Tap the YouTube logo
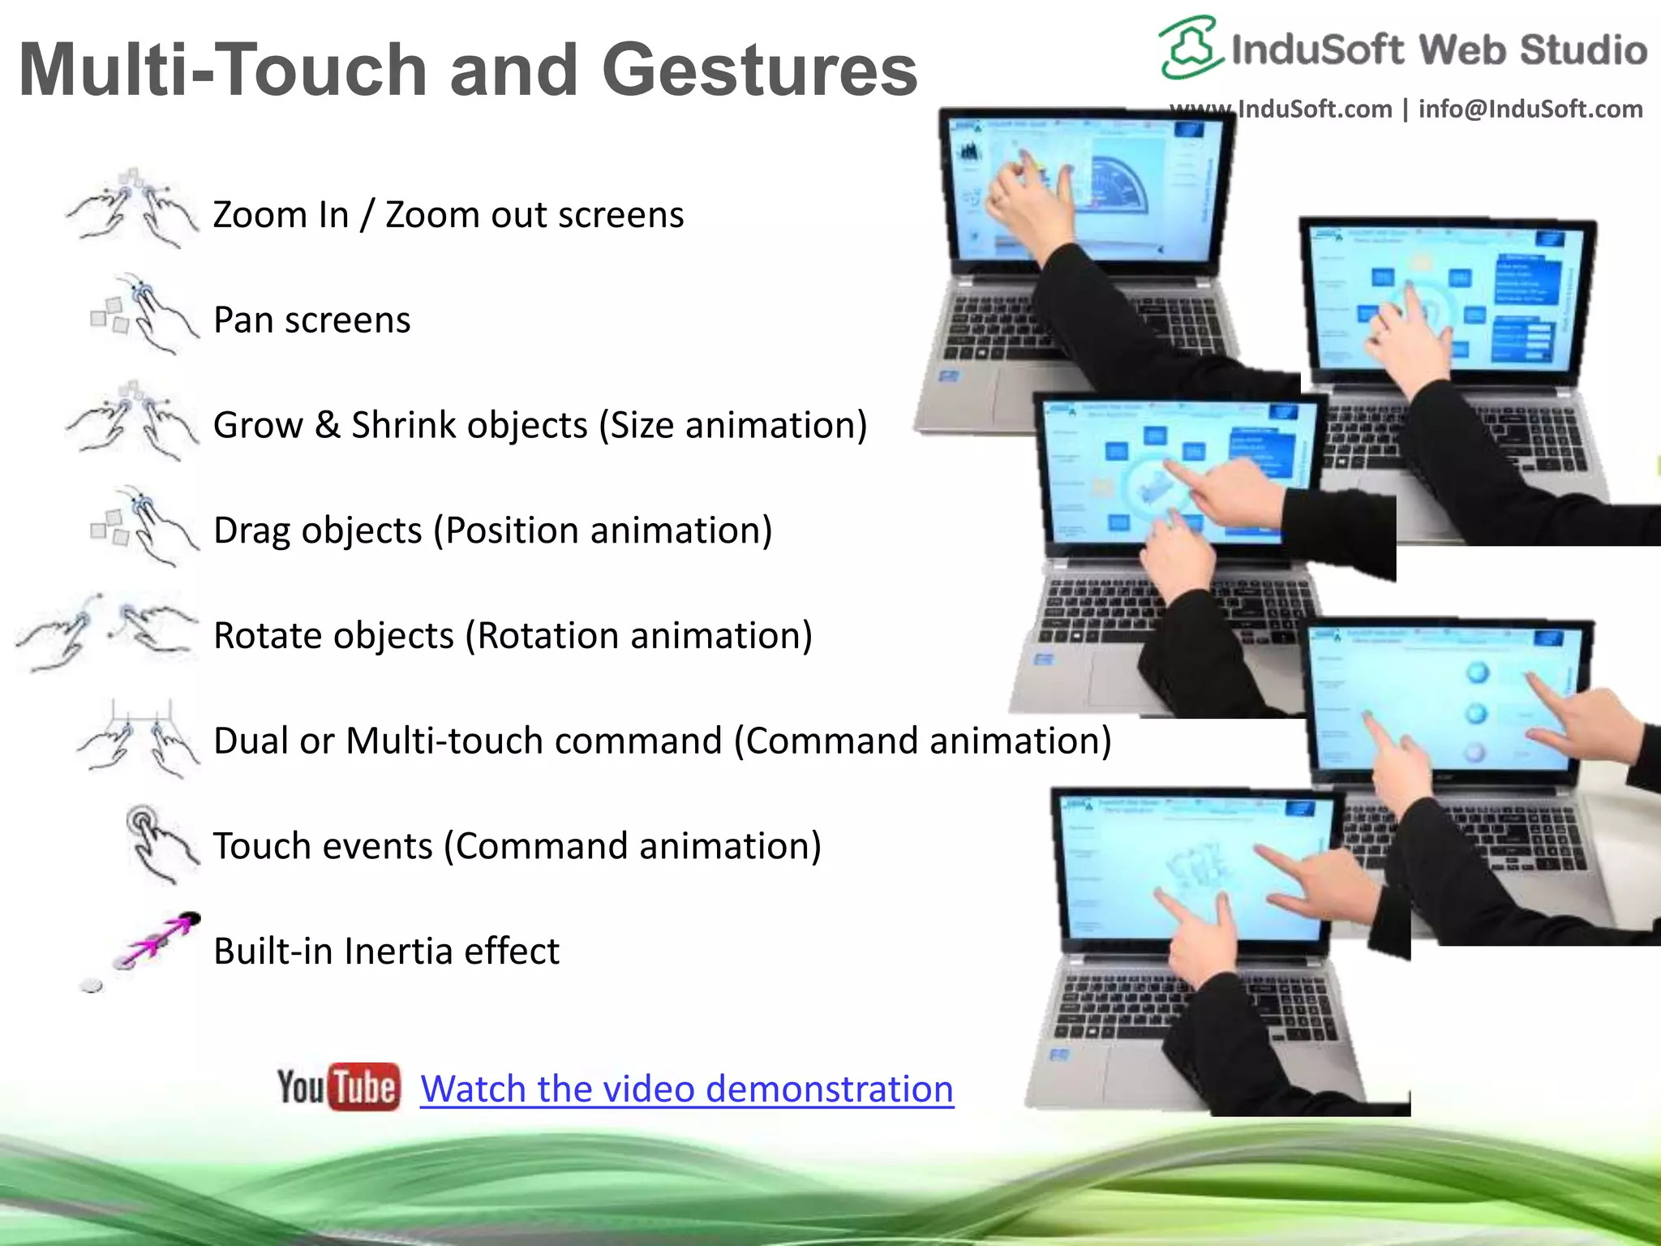click(338, 1086)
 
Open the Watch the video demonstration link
click(686, 1089)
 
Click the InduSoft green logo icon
click(1189, 47)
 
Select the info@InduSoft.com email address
click(1530, 109)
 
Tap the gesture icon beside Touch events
click(160, 843)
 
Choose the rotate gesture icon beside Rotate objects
click(105, 632)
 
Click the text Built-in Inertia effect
click(386, 951)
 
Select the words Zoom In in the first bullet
click(281, 215)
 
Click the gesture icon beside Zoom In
click(131, 208)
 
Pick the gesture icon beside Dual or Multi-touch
click(138, 737)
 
